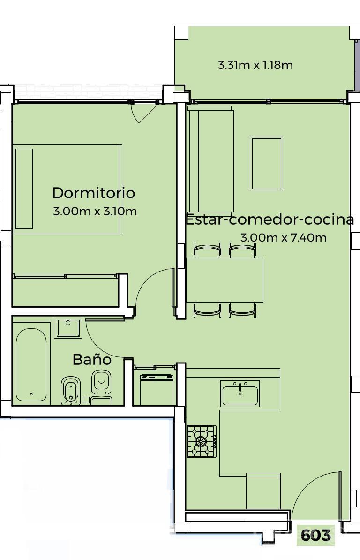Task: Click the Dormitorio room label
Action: click(93, 193)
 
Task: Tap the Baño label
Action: click(92, 359)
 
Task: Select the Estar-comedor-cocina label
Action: click(270, 219)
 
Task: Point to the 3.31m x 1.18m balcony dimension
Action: click(255, 65)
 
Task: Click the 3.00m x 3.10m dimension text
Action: click(95, 211)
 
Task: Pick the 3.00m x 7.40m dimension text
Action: click(284, 237)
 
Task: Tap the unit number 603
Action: click(316, 535)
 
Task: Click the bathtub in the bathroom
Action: click(31, 364)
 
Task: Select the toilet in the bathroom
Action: click(102, 387)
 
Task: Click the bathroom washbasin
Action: click(68, 327)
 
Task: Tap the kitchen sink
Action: click(240, 393)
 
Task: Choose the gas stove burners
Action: click(202, 441)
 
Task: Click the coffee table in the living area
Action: click(267, 164)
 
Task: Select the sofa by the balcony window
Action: click(210, 159)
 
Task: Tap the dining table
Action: click(225, 280)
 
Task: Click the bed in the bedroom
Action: click(67, 189)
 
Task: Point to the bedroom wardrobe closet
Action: click(65, 291)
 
